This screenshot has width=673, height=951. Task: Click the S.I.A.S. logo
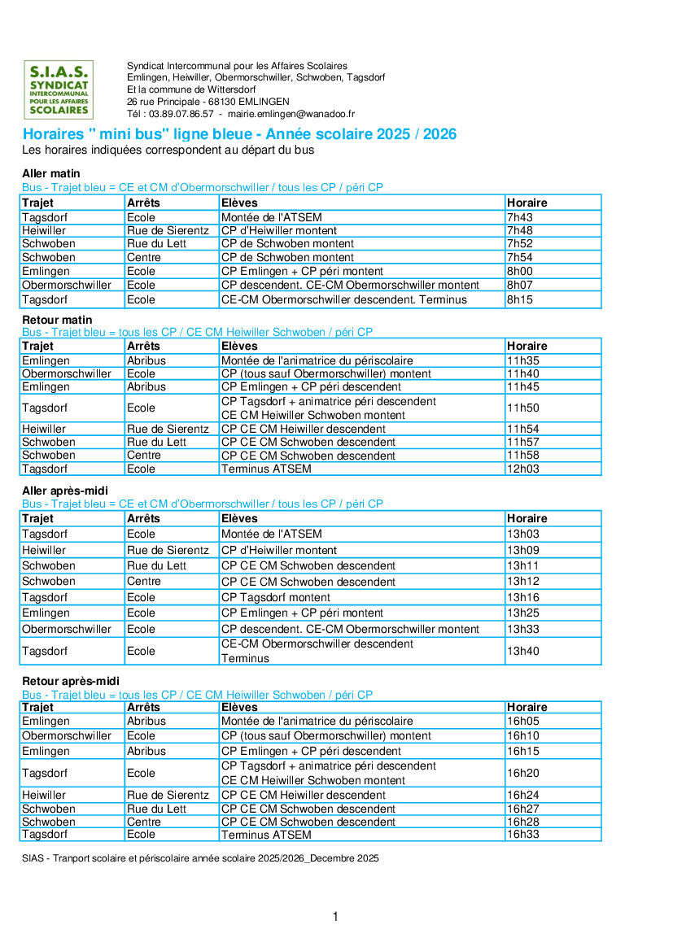(58, 89)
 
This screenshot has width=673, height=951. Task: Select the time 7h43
(520, 217)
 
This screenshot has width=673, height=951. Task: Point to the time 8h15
(520, 299)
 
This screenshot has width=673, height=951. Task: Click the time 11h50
(523, 408)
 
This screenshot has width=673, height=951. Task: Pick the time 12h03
(523, 469)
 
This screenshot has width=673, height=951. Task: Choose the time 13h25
(523, 613)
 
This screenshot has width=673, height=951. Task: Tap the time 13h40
(523, 651)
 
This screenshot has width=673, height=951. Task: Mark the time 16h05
(523, 721)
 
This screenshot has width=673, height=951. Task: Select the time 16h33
(523, 834)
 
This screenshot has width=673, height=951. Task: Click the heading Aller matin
(51, 173)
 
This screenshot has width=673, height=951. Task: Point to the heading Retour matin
(57, 320)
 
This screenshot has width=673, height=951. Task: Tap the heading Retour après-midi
(71, 681)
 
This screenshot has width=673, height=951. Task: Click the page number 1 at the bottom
(335, 917)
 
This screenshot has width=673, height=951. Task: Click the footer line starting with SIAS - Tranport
(200, 858)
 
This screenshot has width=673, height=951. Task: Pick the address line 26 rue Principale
(208, 102)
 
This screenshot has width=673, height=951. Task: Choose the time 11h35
(523, 360)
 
